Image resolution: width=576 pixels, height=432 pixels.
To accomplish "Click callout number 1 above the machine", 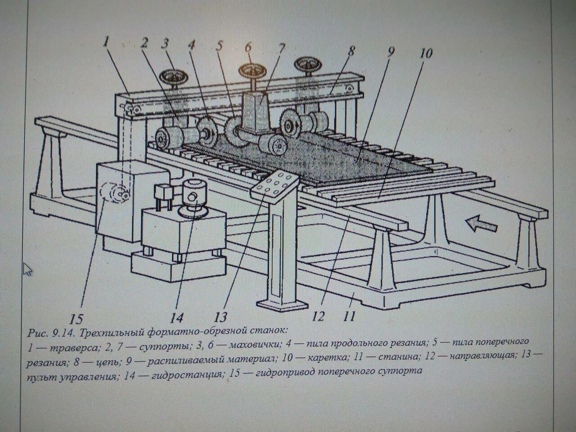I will coord(106,42).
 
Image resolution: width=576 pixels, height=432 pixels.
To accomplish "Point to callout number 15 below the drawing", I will coord(76,319).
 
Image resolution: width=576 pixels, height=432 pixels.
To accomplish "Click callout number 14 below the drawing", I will coord(177,318).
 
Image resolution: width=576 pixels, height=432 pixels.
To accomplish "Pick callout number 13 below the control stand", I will coord(220,317).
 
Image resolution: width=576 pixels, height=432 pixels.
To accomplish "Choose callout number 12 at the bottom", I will coord(318,316).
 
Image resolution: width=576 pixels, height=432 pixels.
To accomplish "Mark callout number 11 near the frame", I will coord(349,316).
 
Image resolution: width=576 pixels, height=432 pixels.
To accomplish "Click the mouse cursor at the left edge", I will coord(28,269).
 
